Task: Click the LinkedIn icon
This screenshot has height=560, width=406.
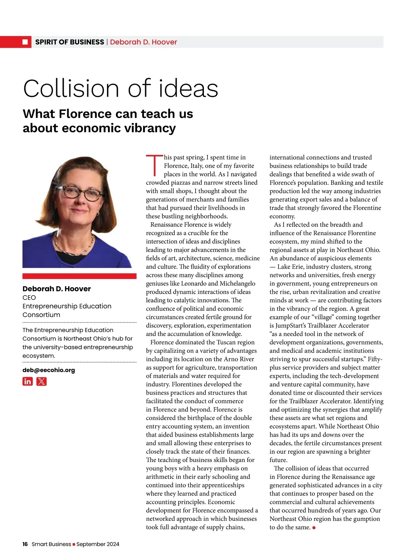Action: coord(28,382)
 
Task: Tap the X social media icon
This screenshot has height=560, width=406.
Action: coord(41,382)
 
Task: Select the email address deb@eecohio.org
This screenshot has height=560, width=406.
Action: coord(49,370)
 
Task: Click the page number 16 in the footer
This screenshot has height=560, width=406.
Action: coord(25,544)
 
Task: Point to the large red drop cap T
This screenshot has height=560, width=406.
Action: coord(154,166)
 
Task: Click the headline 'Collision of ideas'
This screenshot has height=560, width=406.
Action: coord(120,89)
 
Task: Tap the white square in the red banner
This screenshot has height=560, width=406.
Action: coord(25,42)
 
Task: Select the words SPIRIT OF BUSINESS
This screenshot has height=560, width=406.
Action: coord(70,42)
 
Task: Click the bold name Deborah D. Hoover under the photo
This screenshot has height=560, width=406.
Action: coord(57,289)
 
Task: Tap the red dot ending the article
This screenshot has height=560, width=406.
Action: coord(314,528)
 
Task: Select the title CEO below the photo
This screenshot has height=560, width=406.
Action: coord(29,297)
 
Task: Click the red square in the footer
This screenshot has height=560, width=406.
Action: coord(74,544)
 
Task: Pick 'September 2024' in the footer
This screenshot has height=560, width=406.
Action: coord(98,544)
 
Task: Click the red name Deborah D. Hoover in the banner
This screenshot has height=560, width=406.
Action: coord(143,42)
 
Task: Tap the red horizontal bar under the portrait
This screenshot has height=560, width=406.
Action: coord(80,276)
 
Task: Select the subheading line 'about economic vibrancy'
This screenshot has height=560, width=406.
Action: coord(99,128)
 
